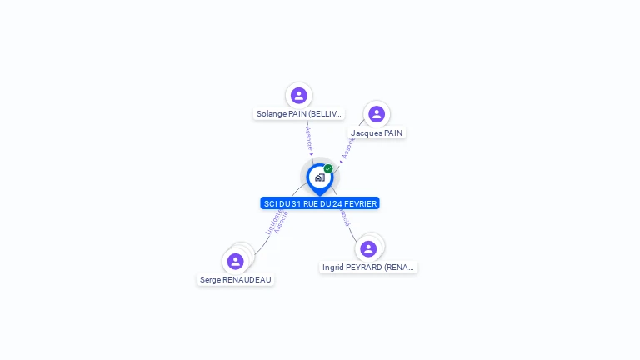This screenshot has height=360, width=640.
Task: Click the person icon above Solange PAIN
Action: tap(299, 96)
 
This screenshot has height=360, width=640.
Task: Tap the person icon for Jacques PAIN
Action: tap(377, 114)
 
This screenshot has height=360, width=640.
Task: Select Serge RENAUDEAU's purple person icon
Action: tap(236, 262)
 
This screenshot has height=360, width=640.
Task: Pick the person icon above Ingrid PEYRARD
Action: tap(368, 249)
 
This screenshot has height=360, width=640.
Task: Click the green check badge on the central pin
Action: tap(328, 169)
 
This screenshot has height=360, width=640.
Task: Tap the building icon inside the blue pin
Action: tap(319, 177)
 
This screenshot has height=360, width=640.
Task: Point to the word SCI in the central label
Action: tap(271, 203)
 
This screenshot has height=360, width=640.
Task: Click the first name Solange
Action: tap(271, 114)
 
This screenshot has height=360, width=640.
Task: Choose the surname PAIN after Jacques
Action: tap(393, 132)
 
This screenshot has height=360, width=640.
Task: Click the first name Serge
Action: tap(210, 280)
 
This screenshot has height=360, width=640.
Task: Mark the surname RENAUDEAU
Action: tap(247, 280)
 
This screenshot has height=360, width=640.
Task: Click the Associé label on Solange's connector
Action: tap(308, 137)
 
